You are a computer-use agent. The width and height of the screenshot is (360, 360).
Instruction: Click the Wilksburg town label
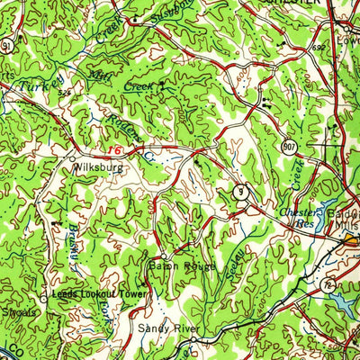(x=97, y=166)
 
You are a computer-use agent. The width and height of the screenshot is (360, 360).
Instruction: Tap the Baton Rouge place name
(x=182, y=266)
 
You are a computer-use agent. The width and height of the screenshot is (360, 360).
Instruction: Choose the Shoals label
(x=19, y=311)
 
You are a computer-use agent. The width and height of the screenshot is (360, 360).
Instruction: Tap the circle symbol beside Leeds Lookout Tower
(x=44, y=295)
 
